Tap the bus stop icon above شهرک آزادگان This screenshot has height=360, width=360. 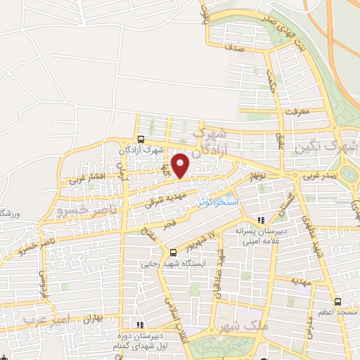141,139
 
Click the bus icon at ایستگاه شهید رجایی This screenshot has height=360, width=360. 174,252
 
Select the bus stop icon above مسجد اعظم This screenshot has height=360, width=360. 338,298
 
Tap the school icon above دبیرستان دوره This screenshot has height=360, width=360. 139,325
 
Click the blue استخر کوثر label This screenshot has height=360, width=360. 217,202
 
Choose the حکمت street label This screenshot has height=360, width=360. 270,82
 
